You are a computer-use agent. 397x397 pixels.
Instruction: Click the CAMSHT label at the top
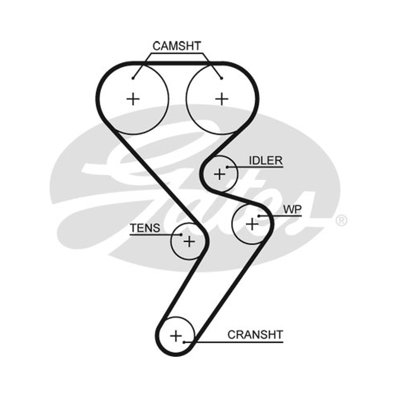coord(177,46)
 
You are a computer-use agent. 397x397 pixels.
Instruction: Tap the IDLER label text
coord(266,160)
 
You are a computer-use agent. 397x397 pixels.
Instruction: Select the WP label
coord(292,209)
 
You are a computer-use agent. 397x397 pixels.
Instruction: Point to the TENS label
coord(145,228)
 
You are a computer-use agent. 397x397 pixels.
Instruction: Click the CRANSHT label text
coord(255,334)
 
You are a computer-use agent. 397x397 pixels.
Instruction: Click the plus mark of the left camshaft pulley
coord(133,99)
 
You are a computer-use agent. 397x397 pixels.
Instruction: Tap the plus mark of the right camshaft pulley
coord(222,99)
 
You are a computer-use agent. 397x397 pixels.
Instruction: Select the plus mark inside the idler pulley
coord(219,174)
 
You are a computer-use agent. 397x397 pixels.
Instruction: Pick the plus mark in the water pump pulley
coord(252,224)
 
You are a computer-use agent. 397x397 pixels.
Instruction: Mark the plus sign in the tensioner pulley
coord(189,241)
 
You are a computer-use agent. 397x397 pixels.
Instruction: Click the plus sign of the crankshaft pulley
coord(176,336)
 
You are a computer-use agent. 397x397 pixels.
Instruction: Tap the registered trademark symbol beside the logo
coord(341,220)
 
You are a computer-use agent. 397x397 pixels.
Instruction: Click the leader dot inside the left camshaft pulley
coord(133,78)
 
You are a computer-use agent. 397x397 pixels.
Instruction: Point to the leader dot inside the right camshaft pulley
coord(221,78)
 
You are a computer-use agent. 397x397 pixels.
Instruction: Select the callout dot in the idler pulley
coord(227,167)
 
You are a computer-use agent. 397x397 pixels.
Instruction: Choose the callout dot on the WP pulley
coord(259,216)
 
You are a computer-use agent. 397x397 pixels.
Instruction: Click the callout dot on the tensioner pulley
coord(181,235)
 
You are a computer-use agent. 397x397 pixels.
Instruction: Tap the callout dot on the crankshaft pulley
coord(184,342)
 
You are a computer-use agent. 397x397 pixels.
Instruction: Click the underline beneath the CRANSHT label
coord(234,342)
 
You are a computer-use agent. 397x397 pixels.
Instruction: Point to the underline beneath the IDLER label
coord(255,167)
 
